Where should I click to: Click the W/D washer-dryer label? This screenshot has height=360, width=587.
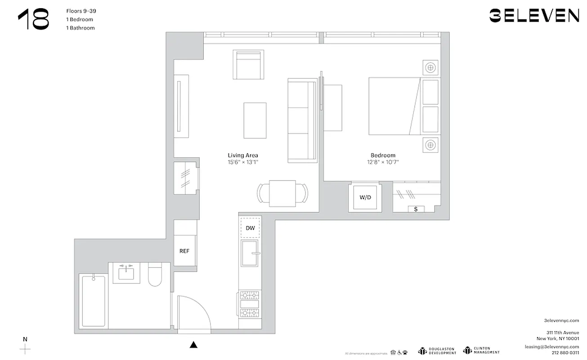click(x=365, y=198)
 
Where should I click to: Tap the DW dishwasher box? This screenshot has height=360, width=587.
click(x=250, y=228)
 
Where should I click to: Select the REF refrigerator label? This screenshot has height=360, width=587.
click(x=184, y=251)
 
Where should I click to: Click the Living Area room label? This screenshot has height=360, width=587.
click(x=243, y=155)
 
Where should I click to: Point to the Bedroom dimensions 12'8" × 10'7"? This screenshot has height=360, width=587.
click(x=383, y=162)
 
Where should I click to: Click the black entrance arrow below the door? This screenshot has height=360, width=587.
click(x=193, y=345)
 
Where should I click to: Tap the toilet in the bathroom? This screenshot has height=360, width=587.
click(x=155, y=275)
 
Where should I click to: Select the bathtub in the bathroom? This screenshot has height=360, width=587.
click(x=94, y=301)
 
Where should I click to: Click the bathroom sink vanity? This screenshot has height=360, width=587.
click(x=126, y=273)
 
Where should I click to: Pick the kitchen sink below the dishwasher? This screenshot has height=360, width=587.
click(x=250, y=253)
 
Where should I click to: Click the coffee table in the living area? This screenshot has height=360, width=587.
click(x=255, y=120)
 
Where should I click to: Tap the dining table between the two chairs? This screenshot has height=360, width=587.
click(x=282, y=193)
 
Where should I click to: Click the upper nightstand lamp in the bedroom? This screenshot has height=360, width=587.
click(x=430, y=68)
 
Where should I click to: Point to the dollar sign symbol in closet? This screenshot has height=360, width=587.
click(x=416, y=209)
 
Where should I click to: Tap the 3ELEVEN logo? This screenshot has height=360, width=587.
click(x=534, y=16)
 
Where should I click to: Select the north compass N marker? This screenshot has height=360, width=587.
click(x=25, y=339)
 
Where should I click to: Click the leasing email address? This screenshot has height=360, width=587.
click(x=551, y=347)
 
